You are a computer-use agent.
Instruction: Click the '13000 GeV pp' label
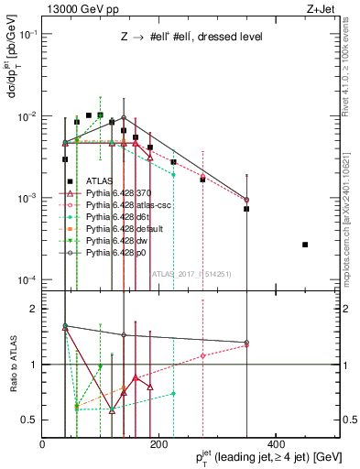pyautogui.click(x=73, y=9)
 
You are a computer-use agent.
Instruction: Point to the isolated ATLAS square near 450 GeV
pyautogui.click(x=305, y=245)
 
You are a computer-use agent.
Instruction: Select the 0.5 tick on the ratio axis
pyautogui.click(x=30, y=420)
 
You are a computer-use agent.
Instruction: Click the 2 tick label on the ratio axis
pyautogui.click(x=34, y=310)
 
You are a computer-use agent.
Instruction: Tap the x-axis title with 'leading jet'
pyautogui.click(x=261, y=456)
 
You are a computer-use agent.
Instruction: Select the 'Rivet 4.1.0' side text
pyautogui.click(x=352, y=69)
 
